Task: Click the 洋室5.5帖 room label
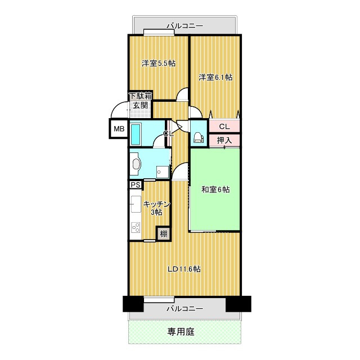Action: point(158,63)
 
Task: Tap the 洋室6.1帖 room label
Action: point(215,77)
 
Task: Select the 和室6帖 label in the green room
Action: point(215,190)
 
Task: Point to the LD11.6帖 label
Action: point(184,269)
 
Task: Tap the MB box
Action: point(119,129)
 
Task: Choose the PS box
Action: point(136,184)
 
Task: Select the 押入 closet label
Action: point(224,140)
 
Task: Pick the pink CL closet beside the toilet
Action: point(224,126)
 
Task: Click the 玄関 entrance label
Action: point(141,105)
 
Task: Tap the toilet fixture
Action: point(198,136)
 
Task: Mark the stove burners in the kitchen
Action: point(136,227)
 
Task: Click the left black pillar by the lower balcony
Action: point(133,304)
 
